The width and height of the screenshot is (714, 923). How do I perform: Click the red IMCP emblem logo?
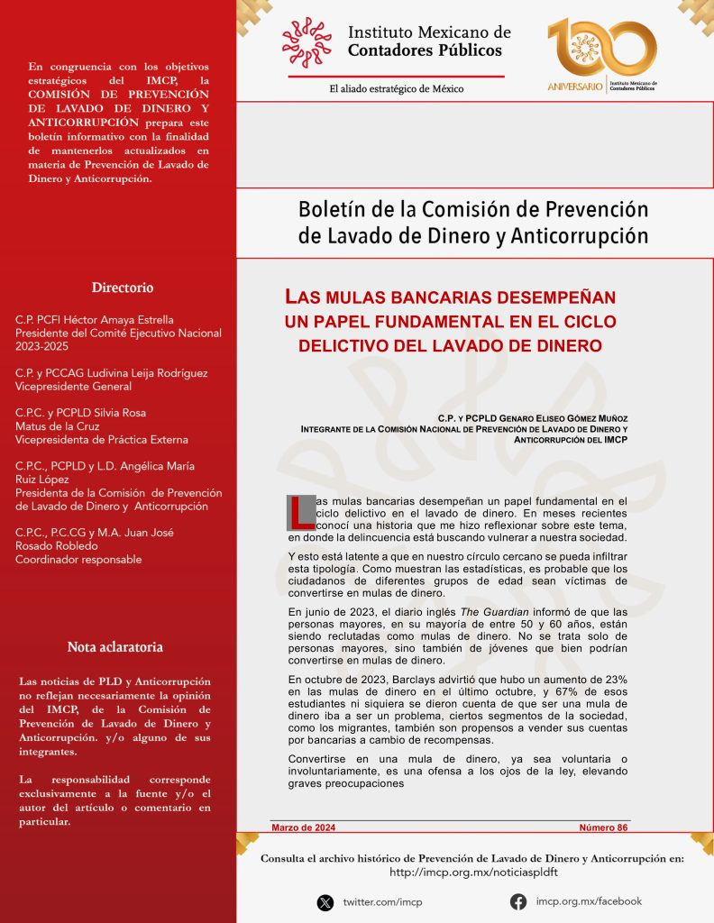point(307,42)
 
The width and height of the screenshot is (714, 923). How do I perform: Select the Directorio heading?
point(123,288)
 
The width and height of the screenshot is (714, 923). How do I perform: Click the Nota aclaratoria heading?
point(114,647)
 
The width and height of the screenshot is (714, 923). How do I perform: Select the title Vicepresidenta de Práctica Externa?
point(102,440)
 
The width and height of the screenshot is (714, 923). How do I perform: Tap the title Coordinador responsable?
point(78,560)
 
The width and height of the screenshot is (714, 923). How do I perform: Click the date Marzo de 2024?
point(305,827)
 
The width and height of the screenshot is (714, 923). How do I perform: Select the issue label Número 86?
point(603,827)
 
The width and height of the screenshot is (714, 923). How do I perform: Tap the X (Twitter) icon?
point(325,902)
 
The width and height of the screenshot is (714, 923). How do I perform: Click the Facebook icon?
point(518,901)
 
